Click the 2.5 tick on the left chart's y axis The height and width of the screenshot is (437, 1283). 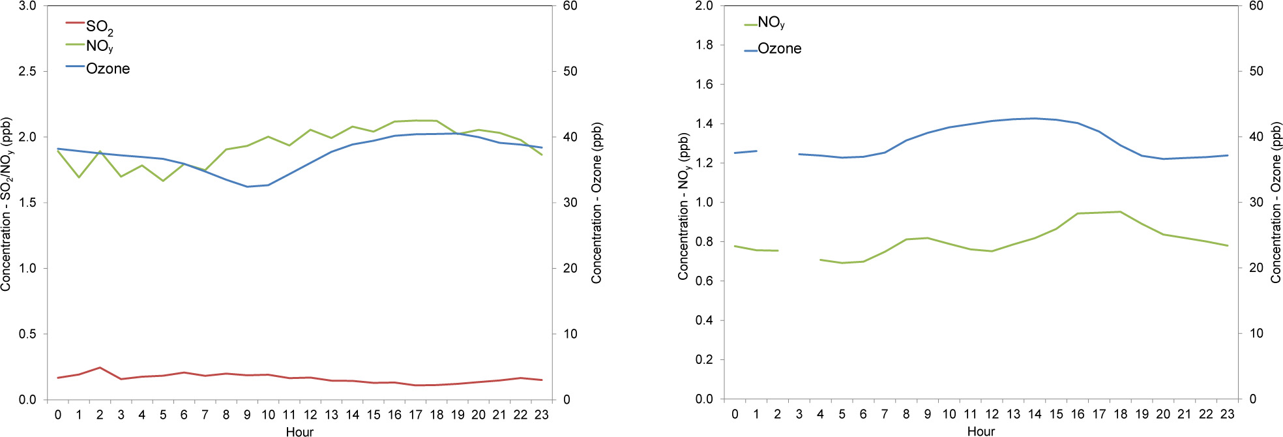[x=27, y=71]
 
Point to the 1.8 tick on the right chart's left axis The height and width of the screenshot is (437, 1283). [x=704, y=45]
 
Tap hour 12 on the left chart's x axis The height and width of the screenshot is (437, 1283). [x=310, y=415]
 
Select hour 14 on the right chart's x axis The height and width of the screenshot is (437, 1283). [x=1035, y=414]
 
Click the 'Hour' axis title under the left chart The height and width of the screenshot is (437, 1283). [x=299, y=431]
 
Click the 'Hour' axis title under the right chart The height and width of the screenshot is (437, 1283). [x=981, y=431]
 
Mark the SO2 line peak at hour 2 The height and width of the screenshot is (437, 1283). [x=100, y=368]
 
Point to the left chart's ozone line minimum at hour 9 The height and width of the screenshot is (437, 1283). [x=247, y=187]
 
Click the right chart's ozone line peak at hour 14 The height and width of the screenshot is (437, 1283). [x=1035, y=119]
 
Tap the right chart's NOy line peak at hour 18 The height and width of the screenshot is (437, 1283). [x=1120, y=211]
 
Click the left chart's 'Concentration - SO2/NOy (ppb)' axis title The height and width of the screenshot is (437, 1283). [x=7, y=203]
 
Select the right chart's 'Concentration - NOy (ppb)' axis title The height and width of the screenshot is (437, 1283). [x=683, y=206]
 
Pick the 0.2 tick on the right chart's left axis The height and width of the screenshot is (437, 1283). [x=704, y=359]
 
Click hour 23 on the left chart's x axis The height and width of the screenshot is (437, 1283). [x=541, y=415]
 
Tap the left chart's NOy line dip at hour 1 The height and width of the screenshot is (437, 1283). [x=79, y=177]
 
